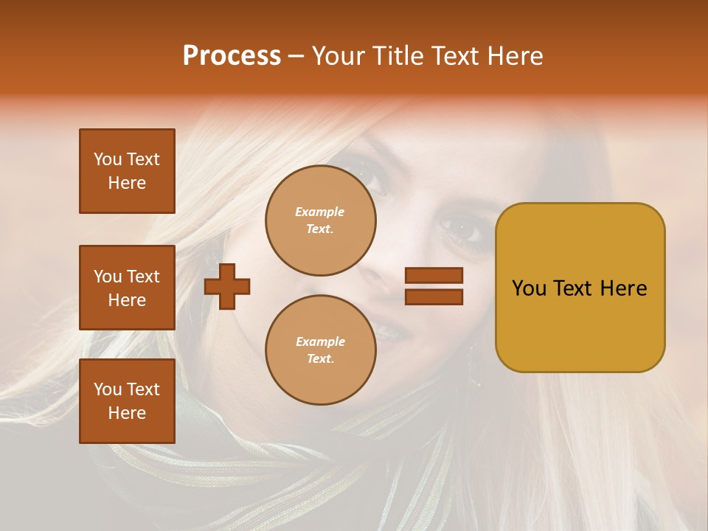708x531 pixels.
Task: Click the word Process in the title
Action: (x=232, y=56)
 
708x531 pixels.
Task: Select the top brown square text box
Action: (x=127, y=171)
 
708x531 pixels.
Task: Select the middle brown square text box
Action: (x=127, y=288)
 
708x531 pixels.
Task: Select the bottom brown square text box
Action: (x=127, y=401)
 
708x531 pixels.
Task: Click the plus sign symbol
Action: (x=227, y=286)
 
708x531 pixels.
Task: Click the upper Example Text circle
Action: (x=321, y=221)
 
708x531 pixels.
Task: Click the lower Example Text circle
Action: (x=321, y=350)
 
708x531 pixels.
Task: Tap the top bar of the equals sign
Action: (x=434, y=276)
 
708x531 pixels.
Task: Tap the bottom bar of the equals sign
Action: (x=434, y=296)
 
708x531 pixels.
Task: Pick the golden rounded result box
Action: (x=580, y=324)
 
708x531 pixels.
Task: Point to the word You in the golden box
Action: (x=529, y=288)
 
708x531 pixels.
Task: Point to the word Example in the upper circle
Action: (x=320, y=212)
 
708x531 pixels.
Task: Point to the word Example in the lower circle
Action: (x=320, y=341)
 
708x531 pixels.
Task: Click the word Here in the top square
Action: (x=127, y=183)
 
